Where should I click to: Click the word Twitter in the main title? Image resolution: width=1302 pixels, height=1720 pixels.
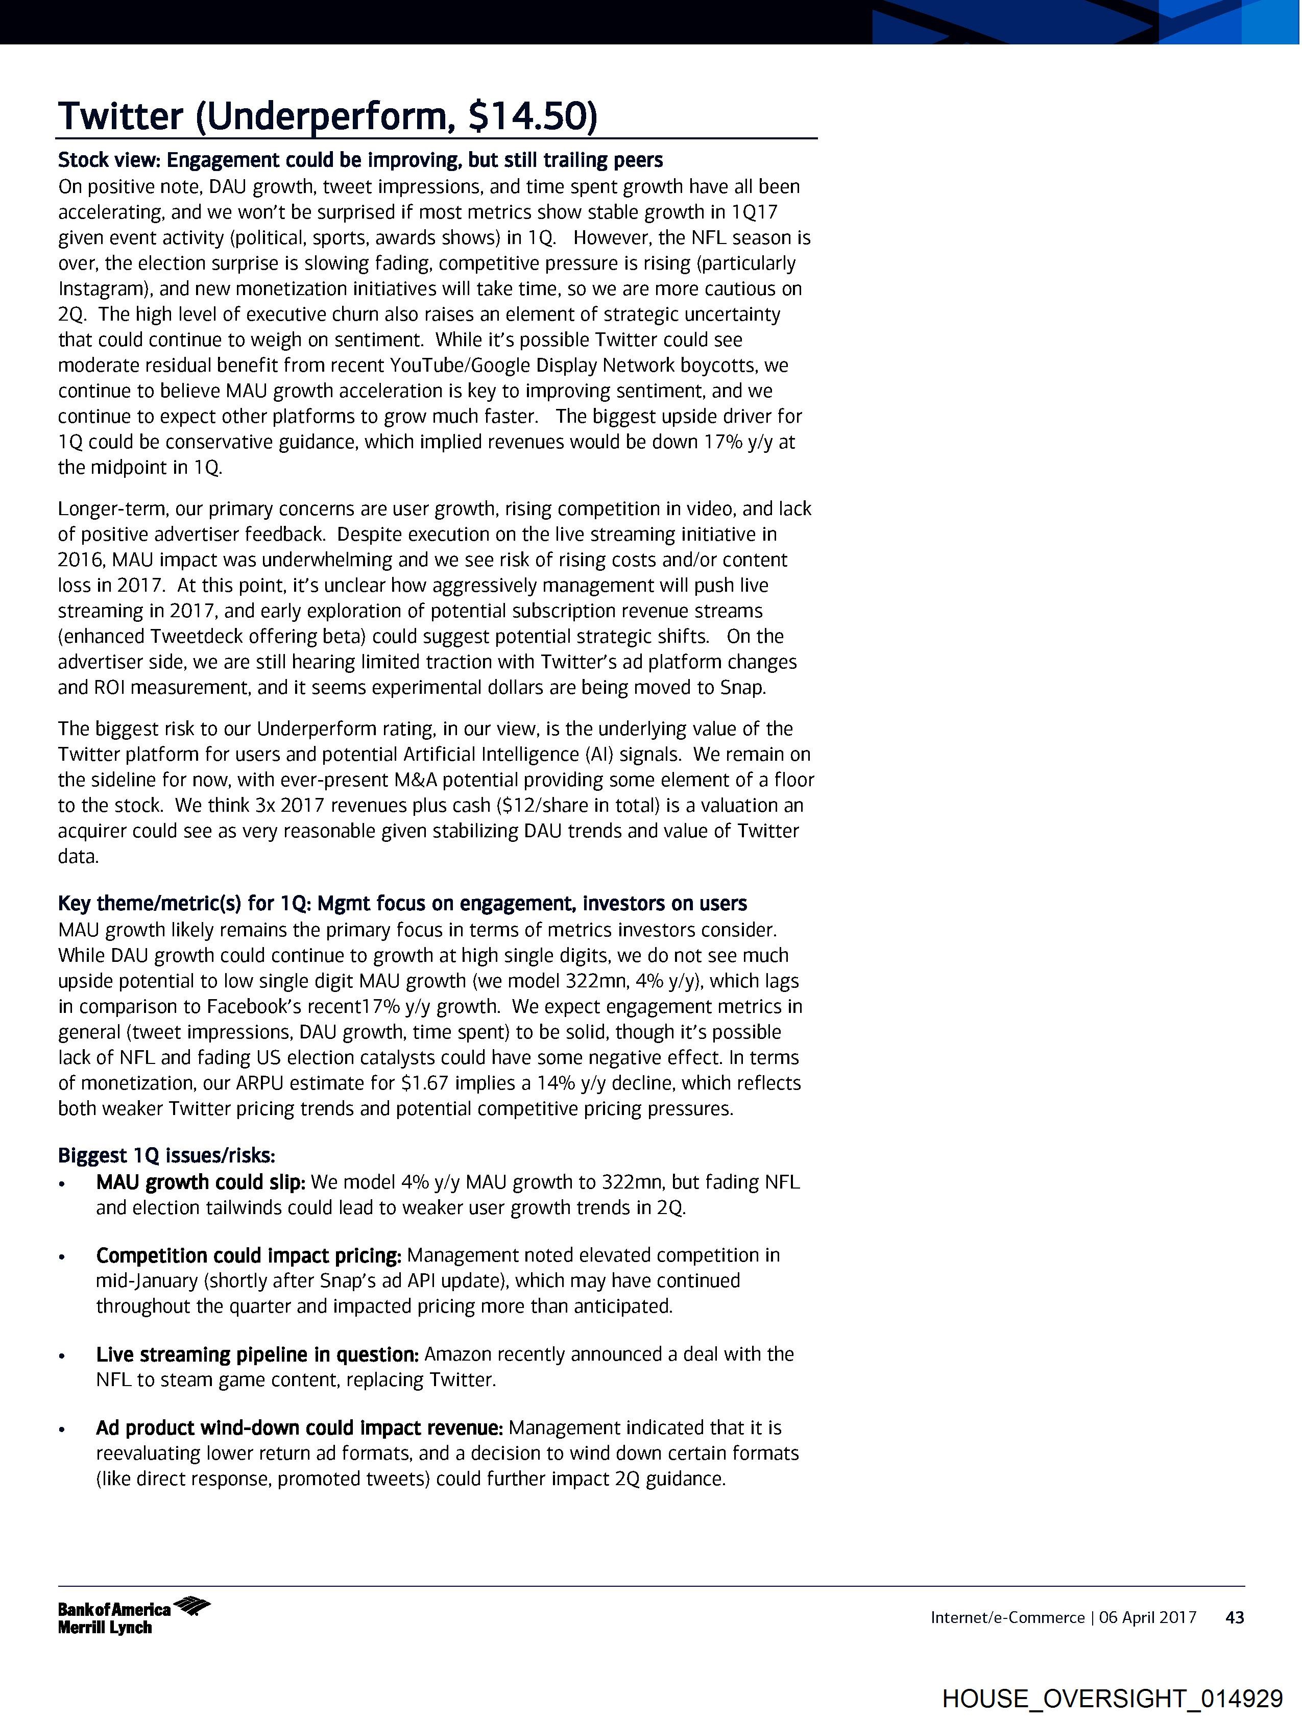click(120, 116)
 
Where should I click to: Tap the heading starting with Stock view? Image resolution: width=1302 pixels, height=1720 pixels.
click(360, 160)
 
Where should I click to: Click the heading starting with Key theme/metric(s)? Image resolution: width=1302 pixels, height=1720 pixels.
click(402, 904)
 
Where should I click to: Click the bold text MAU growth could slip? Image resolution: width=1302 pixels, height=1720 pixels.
click(200, 1183)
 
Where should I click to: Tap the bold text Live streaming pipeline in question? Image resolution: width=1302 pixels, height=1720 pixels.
click(257, 1354)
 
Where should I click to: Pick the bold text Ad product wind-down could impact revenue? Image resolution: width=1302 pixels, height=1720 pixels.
click(299, 1428)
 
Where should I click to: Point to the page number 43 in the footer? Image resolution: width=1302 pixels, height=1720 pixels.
click(1234, 1618)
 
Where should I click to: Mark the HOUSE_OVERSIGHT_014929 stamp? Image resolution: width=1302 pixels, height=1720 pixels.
click(1112, 1698)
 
